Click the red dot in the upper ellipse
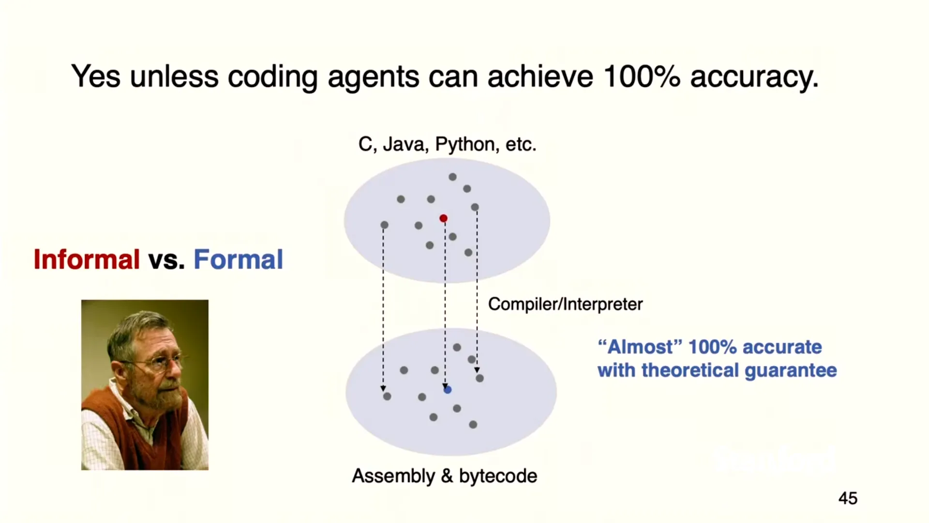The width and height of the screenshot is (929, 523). pos(443,218)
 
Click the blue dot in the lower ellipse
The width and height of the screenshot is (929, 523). pos(448,390)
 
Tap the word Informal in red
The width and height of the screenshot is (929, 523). pos(87,260)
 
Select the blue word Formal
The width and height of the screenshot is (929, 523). pos(238,260)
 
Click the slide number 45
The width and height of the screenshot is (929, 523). pos(848,498)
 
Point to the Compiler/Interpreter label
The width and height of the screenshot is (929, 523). pos(565,304)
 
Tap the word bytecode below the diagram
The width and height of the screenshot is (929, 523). pos(498,476)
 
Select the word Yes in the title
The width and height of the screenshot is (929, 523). pos(96,77)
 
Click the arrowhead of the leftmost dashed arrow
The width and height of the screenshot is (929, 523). pos(383,388)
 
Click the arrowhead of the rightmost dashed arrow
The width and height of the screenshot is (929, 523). pos(477,370)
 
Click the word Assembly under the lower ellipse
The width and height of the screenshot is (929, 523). pos(393,476)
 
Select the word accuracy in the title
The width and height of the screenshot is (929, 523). pos(754,77)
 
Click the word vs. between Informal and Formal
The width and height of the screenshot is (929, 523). pos(166,260)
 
